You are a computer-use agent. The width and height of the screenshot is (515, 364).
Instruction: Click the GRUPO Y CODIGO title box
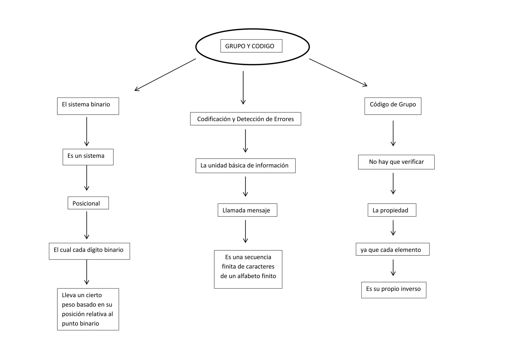coord(251,46)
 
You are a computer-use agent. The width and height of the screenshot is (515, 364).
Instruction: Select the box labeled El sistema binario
coord(88,106)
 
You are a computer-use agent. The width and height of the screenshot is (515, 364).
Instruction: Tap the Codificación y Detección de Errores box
coord(245,119)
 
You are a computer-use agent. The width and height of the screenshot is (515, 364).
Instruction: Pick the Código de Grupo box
coord(393,106)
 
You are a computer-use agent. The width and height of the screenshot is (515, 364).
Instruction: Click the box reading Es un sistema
coord(88,157)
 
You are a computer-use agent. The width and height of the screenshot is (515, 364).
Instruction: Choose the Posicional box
coord(88,203)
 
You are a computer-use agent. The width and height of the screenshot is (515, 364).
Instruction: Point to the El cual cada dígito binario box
coord(89,251)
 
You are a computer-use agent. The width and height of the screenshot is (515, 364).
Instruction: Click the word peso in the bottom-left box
coord(68,304)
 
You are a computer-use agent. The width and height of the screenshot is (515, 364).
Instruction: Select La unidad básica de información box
coord(245,165)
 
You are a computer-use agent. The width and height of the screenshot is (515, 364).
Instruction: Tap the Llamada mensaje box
coord(247,210)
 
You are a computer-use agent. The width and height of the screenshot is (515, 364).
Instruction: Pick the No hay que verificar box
coord(396,162)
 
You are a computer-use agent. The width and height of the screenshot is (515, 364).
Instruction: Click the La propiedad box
coord(392,210)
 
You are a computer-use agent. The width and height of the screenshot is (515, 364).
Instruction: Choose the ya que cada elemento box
coord(392,249)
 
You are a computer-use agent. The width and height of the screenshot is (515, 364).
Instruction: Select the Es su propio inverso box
coord(394,290)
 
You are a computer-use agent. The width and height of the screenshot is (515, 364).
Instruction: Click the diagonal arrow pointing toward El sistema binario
coord(165,75)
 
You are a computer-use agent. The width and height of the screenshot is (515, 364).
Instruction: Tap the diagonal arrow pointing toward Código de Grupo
coord(338,72)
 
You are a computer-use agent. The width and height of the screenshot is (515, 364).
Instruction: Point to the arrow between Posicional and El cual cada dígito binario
coord(87,225)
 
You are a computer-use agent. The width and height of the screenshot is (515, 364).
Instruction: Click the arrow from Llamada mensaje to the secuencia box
coord(245,231)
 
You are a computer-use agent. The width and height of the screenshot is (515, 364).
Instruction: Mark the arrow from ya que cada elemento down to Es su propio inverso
coord(393,267)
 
